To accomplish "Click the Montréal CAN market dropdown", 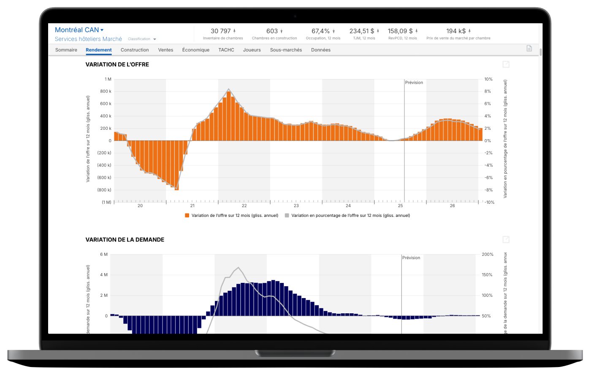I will pyautogui.click(x=79, y=30).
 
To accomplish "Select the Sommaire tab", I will pyautogui.click(x=66, y=50).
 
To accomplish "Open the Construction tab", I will pyautogui.click(x=135, y=50).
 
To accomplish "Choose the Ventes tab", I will pyautogui.click(x=165, y=50).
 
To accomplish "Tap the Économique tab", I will pyautogui.click(x=196, y=50).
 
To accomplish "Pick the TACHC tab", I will pyautogui.click(x=226, y=50).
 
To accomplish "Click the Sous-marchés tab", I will pyautogui.click(x=286, y=50).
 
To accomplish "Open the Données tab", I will pyautogui.click(x=321, y=50).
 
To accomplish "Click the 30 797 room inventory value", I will pyautogui.click(x=221, y=31).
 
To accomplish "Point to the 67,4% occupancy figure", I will pyautogui.click(x=321, y=31).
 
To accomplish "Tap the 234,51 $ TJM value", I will pyautogui.click(x=362, y=31).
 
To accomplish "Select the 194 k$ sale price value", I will pyautogui.click(x=456, y=31).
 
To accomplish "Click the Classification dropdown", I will pyautogui.click(x=142, y=39).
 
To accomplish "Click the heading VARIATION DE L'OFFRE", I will pyautogui.click(x=117, y=65).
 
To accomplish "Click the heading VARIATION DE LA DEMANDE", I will pyautogui.click(x=125, y=240).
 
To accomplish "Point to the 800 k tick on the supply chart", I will pyautogui.click(x=106, y=91).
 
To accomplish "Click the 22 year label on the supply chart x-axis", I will pyautogui.click(x=244, y=206).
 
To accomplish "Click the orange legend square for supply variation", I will pyautogui.click(x=187, y=216).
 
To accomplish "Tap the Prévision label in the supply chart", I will pyautogui.click(x=414, y=83).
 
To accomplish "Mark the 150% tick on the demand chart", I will pyautogui.click(x=487, y=275).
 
